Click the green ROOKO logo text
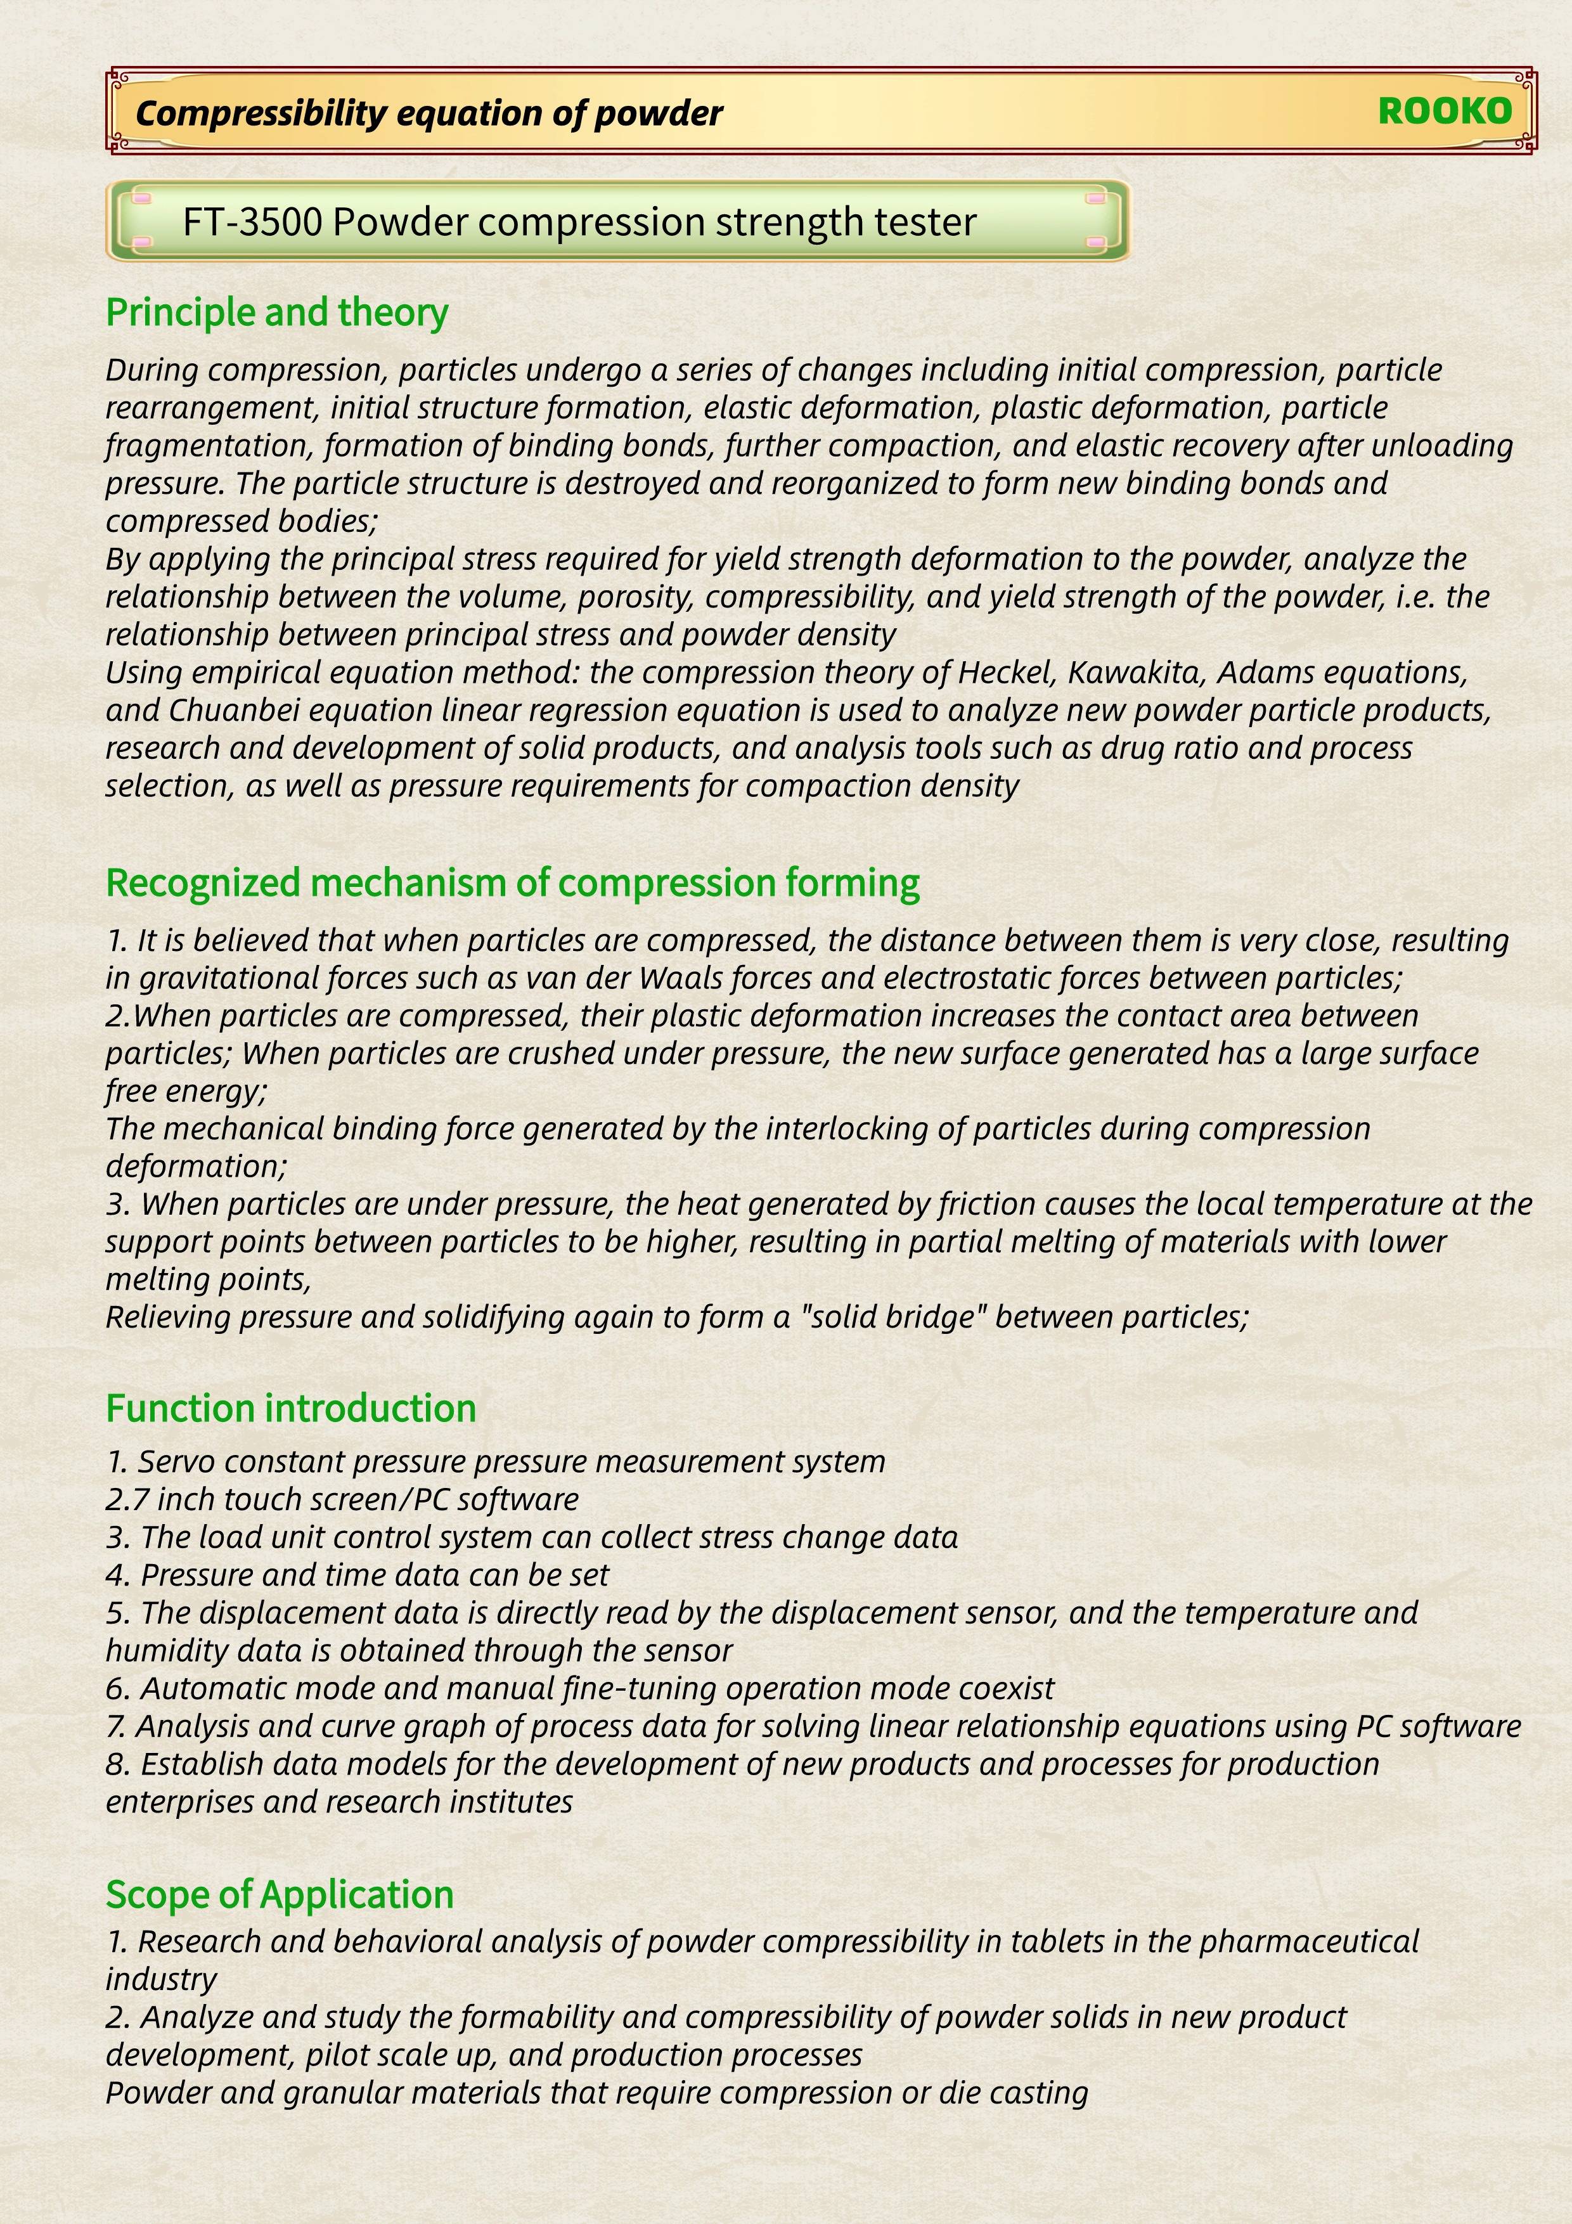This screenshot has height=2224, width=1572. (x=1444, y=112)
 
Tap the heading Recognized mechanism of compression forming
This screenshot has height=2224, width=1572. (x=512, y=882)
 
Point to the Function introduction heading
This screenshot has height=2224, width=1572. (x=290, y=1407)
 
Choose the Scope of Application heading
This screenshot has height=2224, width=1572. (x=280, y=1894)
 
